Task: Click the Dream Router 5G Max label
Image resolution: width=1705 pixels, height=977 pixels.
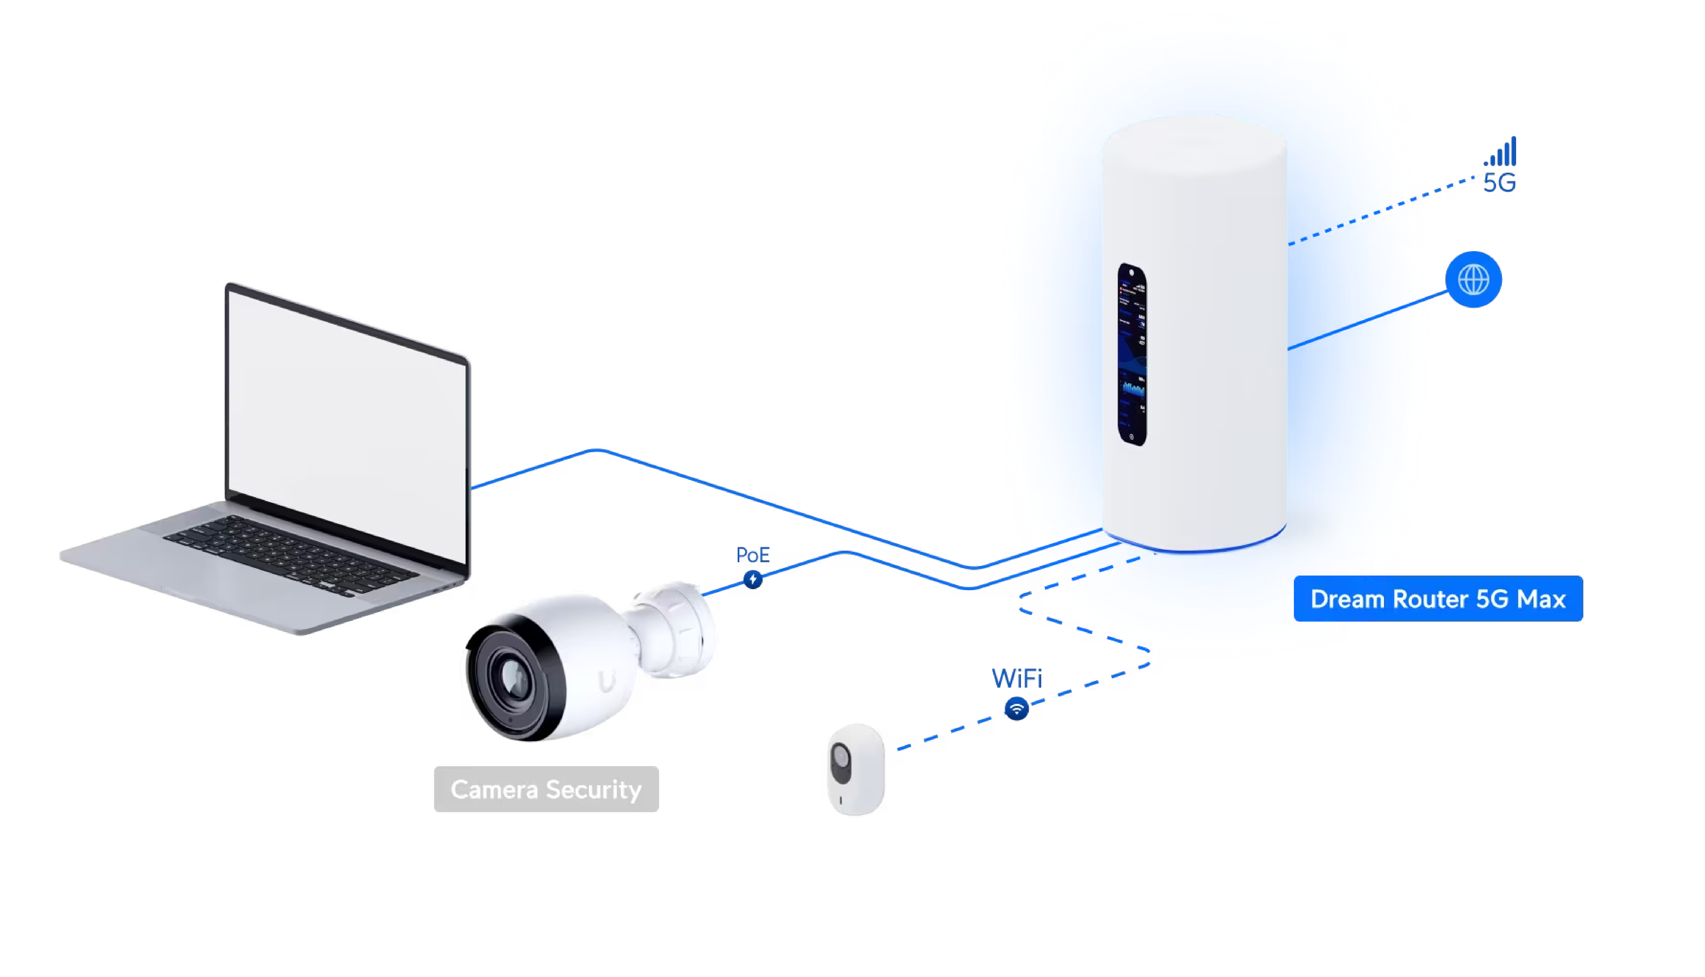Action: tap(1438, 598)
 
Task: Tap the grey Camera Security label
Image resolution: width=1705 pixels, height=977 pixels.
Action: tap(546, 789)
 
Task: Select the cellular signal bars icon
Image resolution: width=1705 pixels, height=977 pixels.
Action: tap(1500, 152)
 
